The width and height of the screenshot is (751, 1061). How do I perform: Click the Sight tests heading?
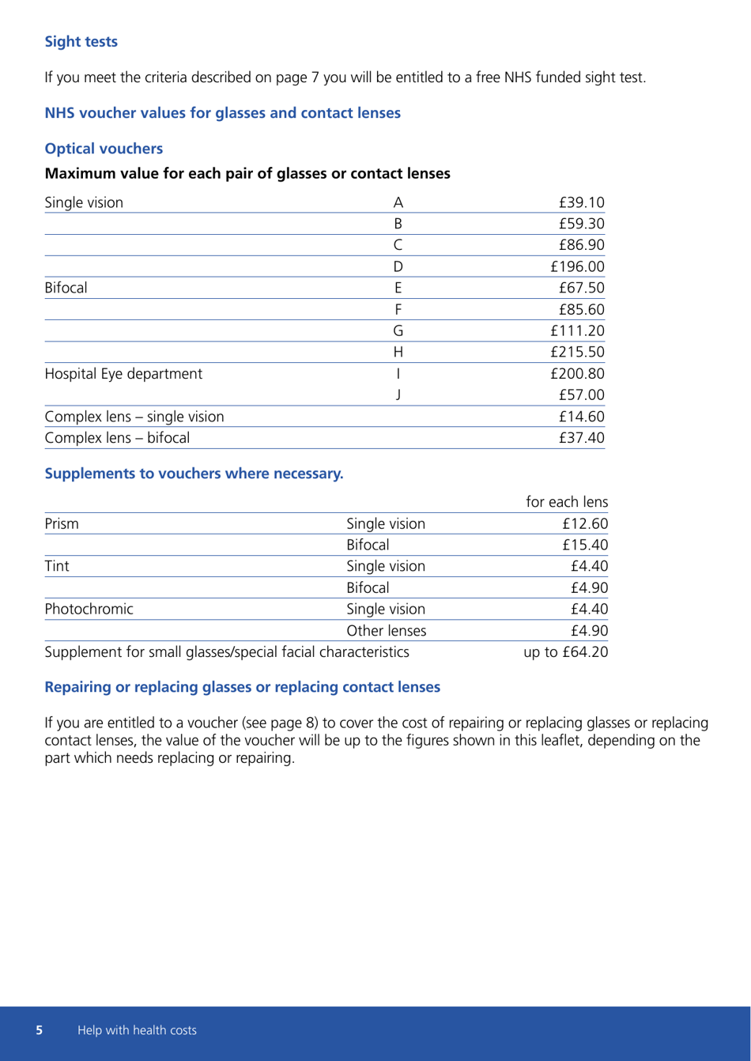point(81,42)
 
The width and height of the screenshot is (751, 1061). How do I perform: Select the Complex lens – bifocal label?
point(117,436)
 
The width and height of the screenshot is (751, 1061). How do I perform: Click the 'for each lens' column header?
point(566,502)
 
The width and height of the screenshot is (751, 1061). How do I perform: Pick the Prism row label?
point(61,523)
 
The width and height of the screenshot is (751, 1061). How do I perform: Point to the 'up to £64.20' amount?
point(565,630)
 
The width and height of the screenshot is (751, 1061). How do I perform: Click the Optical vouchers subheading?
point(104,149)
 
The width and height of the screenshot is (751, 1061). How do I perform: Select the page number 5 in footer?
point(40,1030)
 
